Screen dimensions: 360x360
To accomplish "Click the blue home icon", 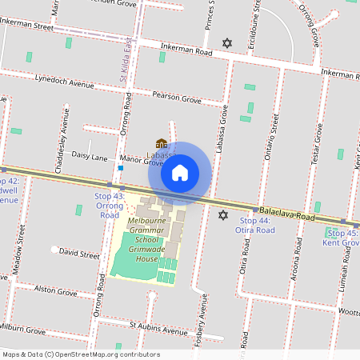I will (180, 172).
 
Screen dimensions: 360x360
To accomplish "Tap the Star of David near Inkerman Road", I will (227, 42).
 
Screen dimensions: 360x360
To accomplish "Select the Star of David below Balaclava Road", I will (223, 214).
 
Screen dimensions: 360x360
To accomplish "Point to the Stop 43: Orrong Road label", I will (108, 206).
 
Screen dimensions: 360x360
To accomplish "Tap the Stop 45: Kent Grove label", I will (342, 238).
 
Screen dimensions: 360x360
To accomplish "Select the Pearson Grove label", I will (175, 98).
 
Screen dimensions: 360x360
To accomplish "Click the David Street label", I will (78, 254).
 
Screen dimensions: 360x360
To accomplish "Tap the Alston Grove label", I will (55, 292).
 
